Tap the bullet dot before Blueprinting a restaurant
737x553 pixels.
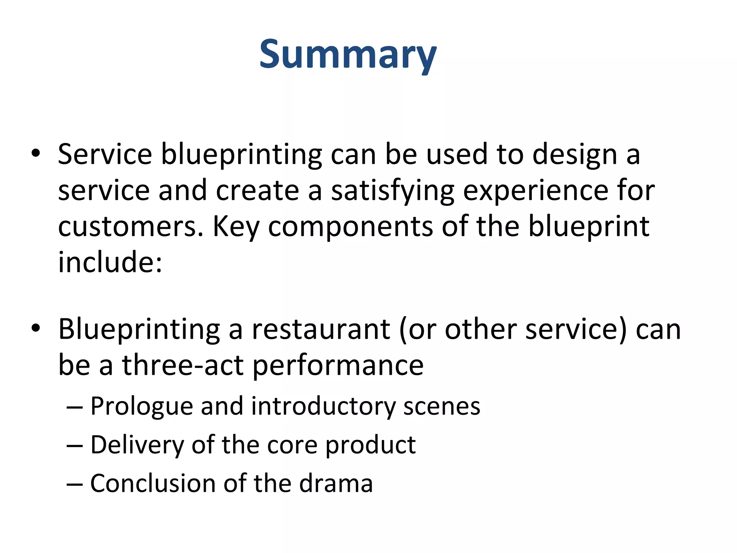[36, 328]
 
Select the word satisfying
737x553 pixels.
[392, 191]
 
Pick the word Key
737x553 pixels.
[236, 227]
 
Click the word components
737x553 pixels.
[351, 228]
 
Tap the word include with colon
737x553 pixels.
[110, 262]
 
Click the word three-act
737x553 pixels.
[183, 365]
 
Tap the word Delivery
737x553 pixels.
[137, 445]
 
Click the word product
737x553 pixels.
[370, 445]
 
